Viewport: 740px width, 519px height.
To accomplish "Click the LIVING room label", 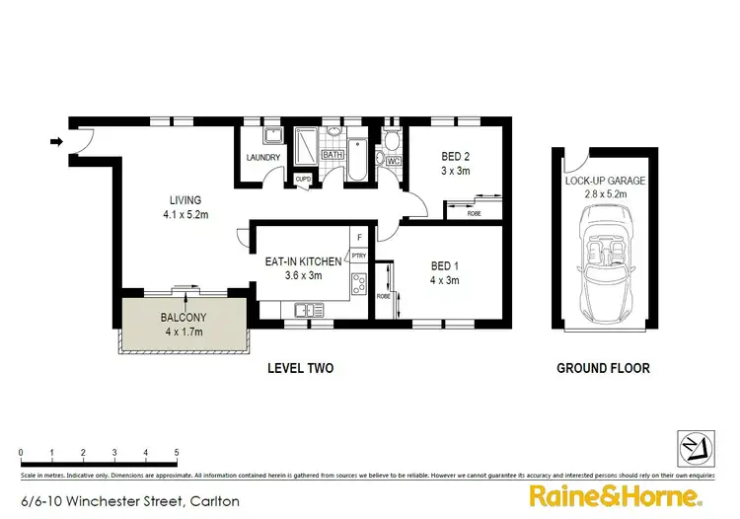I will (x=184, y=197).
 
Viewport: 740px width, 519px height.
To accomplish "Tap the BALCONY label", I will (x=183, y=318).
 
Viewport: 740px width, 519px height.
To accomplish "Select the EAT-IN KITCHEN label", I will (x=303, y=261).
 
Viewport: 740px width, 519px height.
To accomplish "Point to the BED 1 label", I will (x=444, y=265).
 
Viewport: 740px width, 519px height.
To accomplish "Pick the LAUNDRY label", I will (x=263, y=158).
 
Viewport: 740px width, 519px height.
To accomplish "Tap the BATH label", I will (x=332, y=155).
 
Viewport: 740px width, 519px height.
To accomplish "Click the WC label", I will (x=392, y=161).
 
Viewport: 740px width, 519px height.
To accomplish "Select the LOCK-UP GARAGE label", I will (x=605, y=181).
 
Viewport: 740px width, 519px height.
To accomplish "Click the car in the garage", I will (x=605, y=265).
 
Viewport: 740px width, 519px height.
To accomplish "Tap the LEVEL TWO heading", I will (x=301, y=368).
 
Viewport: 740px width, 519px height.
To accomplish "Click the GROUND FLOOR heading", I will (x=603, y=368).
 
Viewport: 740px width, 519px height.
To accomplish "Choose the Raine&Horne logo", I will (x=616, y=495).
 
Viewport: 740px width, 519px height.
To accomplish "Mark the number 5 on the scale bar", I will (x=176, y=453).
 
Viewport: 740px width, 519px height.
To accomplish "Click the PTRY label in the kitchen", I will (x=358, y=256).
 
